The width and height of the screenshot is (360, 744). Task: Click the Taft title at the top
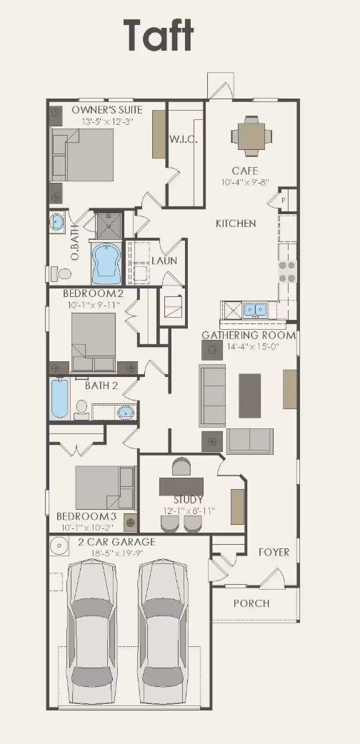click(x=159, y=36)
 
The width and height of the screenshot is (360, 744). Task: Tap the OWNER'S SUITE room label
click(x=107, y=110)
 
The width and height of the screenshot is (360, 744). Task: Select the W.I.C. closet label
click(x=184, y=139)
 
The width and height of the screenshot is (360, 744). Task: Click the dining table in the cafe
click(x=251, y=136)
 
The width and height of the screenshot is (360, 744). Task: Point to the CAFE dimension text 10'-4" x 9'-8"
click(x=245, y=183)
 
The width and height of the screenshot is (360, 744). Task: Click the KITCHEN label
click(x=236, y=223)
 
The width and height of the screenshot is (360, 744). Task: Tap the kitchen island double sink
click(x=254, y=310)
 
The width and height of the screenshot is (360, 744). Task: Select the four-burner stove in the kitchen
click(x=287, y=272)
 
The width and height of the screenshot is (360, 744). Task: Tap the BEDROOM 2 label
click(x=93, y=293)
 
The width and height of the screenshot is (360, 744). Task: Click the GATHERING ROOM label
click(x=248, y=335)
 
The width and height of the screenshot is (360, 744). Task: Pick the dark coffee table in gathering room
click(x=249, y=396)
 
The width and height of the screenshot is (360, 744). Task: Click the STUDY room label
click(x=189, y=499)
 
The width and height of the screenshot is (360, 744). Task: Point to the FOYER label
click(x=274, y=552)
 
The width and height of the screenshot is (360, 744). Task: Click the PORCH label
click(x=251, y=603)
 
